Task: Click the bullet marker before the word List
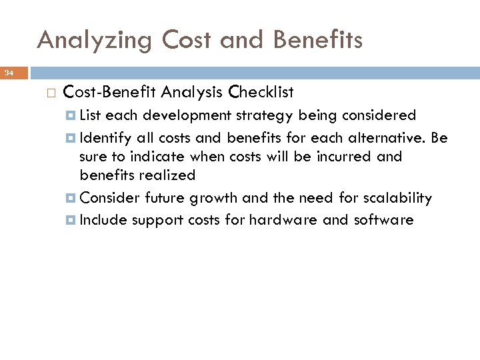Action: (71, 116)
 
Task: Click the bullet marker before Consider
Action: (71, 199)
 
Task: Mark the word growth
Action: (214, 199)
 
